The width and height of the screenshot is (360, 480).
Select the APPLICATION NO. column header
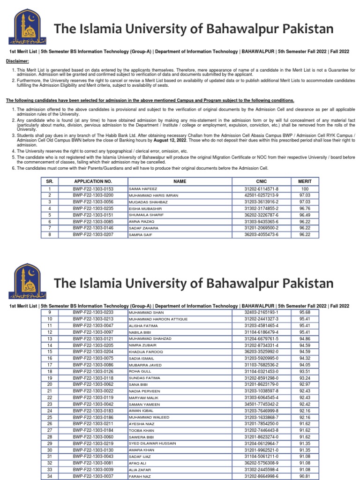93,181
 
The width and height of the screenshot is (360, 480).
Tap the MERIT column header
305,181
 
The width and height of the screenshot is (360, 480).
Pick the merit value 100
305,188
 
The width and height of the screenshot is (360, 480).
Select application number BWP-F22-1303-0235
93,208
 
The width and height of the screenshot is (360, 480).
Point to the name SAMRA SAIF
140,234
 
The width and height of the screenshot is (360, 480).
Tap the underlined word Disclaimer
16,61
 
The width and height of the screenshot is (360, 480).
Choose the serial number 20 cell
50,384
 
